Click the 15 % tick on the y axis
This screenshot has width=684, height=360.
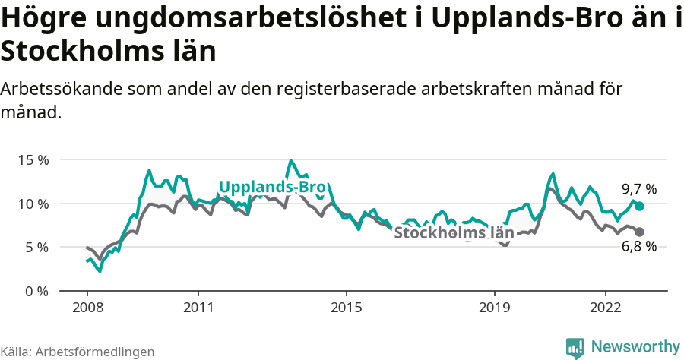point(33,160)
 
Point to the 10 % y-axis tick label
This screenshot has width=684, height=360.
point(33,204)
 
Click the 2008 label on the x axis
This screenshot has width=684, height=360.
point(87,308)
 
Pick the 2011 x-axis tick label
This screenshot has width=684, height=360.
point(198,308)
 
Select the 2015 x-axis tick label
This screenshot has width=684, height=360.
point(347,308)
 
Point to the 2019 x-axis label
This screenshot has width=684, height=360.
point(495,308)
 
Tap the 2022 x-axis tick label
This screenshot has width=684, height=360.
point(606,308)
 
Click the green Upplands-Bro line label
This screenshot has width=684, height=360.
point(272,188)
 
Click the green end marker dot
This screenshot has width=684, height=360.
point(639,207)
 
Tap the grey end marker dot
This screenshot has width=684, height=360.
point(639,232)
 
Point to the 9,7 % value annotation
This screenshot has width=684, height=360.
point(638,189)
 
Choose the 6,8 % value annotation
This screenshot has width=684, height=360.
point(638,246)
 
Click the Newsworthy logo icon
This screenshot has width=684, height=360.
point(575,347)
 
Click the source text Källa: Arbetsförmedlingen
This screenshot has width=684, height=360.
point(78,352)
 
